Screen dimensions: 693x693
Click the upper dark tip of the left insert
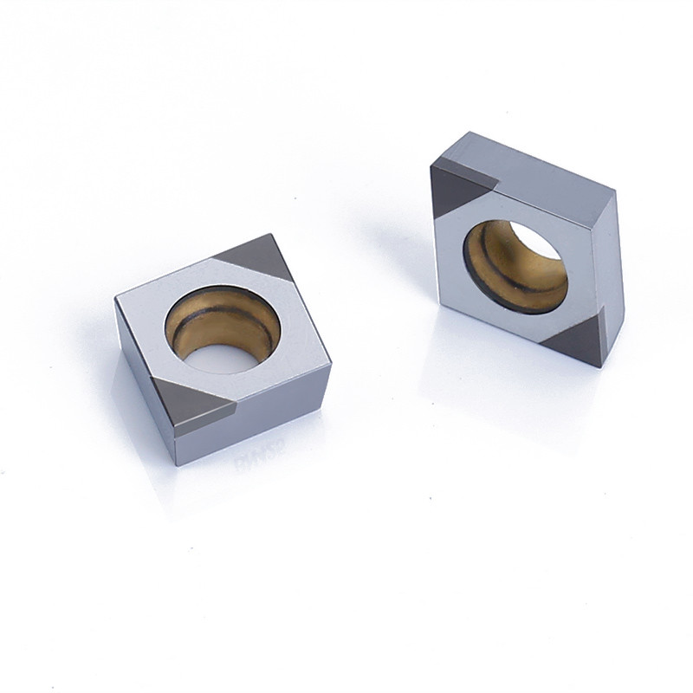point(248,257)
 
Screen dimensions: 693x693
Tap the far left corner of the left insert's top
point(118,298)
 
